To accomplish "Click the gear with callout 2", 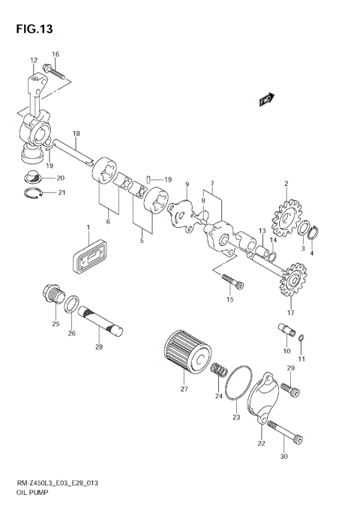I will (x=286, y=214).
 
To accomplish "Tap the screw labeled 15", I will (x=229, y=281).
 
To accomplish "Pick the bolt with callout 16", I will (x=55, y=73).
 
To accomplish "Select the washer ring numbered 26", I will (x=73, y=304).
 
